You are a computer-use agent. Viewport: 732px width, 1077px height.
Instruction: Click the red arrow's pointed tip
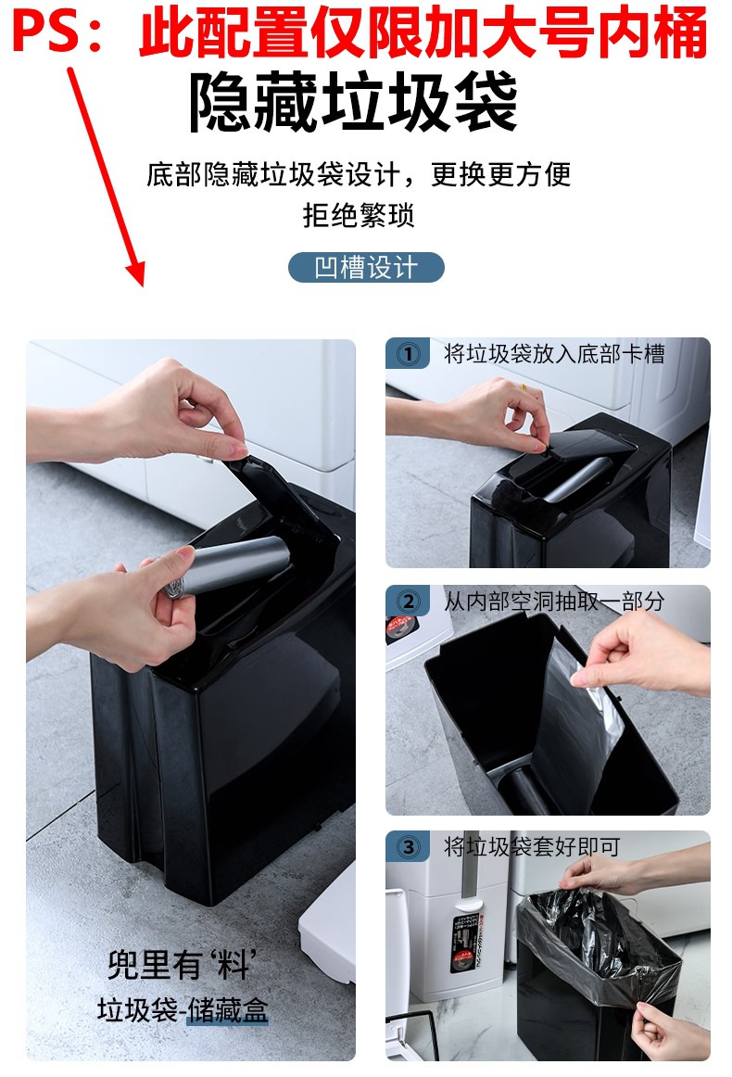pos(141,285)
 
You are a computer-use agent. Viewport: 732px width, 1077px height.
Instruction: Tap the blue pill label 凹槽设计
pos(366,267)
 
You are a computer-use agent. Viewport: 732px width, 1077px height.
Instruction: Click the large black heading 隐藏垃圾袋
pos(353,103)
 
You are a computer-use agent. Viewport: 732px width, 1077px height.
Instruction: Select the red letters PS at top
pos(46,32)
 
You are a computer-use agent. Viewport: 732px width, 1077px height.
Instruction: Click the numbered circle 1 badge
pos(409,354)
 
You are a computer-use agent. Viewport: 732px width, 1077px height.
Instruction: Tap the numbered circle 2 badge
pos(409,602)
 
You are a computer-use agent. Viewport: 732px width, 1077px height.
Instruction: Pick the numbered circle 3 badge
pos(409,847)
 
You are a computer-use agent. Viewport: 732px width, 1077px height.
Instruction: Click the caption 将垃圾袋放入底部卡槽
pos(554,354)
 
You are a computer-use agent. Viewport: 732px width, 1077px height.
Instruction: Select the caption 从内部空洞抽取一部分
pos(554,602)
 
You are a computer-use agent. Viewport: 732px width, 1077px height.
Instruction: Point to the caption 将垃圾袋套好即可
pos(532,846)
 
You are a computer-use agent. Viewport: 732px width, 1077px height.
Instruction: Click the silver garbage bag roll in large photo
pos(227,565)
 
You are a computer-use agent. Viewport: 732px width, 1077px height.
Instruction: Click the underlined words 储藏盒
pos(227,1010)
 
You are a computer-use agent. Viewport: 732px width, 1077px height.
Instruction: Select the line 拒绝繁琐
pos(359,216)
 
